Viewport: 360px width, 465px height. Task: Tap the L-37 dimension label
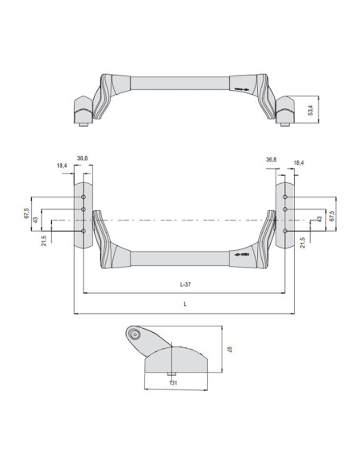point(184,283)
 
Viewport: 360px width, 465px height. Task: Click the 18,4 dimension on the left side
point(62,166)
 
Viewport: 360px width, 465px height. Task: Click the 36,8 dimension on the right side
point(271,159)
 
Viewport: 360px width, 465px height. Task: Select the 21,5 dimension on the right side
point(303,240)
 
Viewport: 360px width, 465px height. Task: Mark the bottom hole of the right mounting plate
point(284,231)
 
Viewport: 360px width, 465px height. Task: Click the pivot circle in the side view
point(136,335)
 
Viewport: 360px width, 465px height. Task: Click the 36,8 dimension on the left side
point(82,158)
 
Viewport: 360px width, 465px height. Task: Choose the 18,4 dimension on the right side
point(298,162)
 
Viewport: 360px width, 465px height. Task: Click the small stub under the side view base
point(171,375)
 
